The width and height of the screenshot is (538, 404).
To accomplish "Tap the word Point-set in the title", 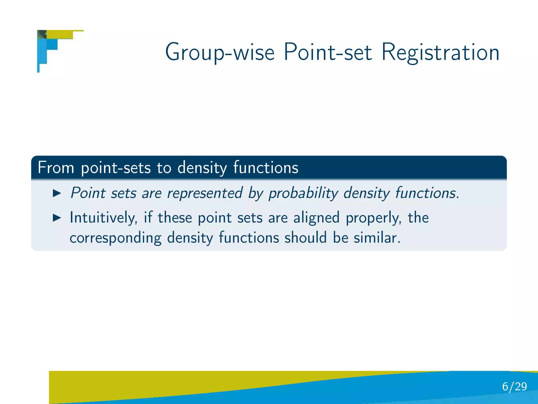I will pos(328,52).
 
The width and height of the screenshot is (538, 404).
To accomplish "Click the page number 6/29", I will pos(514,387).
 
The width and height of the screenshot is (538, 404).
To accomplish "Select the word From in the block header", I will pos(56,168).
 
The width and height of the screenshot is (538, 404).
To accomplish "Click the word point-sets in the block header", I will pos(116,168).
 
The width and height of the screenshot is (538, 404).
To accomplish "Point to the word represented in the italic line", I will pos(205,193).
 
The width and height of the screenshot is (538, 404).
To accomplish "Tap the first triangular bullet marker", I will pos(57,193).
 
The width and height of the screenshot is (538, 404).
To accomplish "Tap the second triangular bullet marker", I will pos(57,218).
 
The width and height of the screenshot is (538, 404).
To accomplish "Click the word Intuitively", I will pos(104,218).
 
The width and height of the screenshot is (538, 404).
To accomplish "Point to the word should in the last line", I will pos(306,238).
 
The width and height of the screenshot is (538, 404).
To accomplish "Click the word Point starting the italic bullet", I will pos(88,193).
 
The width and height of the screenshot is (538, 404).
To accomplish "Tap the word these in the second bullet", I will pos(175,218).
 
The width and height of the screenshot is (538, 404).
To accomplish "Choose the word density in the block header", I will pos(202,168).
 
